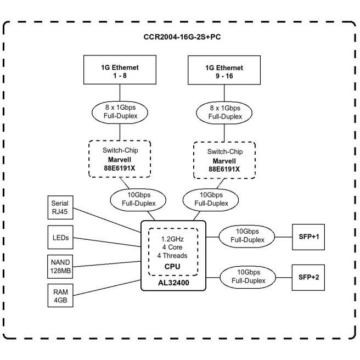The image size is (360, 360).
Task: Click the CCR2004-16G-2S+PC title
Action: pyautogui.click(x=182, y=37)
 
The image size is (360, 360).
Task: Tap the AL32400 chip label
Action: pyautogui.click(x=173, y=283)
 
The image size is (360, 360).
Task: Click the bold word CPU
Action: pyautogui.click(x=172, y=267)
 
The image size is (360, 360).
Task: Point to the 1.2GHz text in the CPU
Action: pyautogui.click(x=172, y=239)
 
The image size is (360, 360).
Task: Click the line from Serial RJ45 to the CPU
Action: pyautogui.click(x=107, y=220)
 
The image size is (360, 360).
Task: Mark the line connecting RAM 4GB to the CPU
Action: pyautogui.click(x=107, y=288)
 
